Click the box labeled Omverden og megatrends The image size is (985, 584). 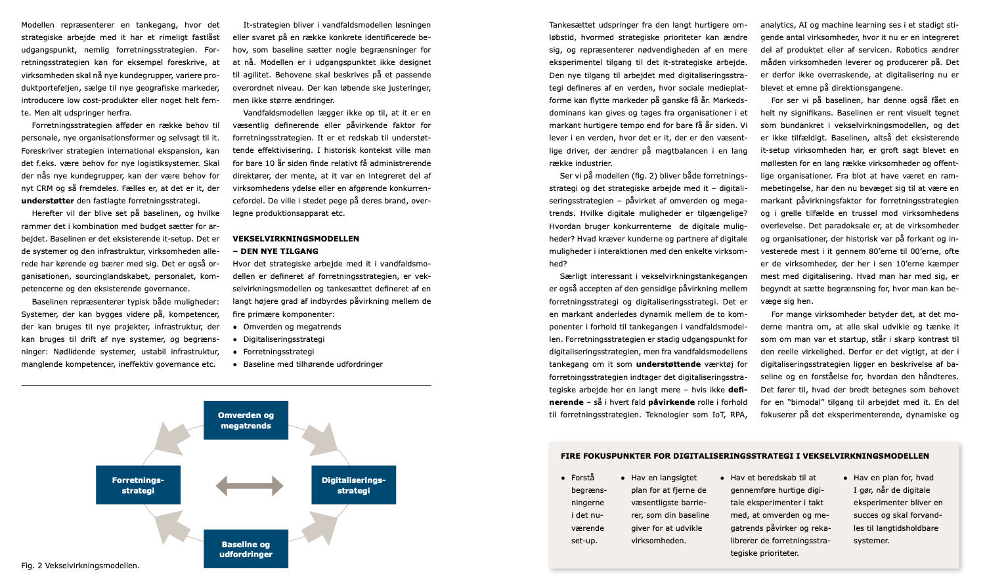[246, 420]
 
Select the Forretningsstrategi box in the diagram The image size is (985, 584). [138, 485]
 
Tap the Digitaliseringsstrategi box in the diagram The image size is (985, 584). [353, 485]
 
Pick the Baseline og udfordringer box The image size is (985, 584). [246, 549]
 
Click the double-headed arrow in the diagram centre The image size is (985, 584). [250, 486]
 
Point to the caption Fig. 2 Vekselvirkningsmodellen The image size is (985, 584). [80, 565]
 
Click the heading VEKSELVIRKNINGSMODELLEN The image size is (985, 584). [295, 239]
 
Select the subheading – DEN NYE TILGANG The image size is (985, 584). [275, 251]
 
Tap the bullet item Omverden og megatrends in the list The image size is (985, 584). [292, 327]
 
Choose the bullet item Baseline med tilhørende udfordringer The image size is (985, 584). [313, 364]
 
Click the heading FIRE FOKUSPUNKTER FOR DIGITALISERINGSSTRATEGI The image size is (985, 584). [745, 456]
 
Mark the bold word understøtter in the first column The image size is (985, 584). [48, 201]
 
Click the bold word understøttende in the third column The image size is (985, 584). [668, 364]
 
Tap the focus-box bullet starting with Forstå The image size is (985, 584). [588, 509]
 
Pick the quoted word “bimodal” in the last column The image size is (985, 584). [807, 402]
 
